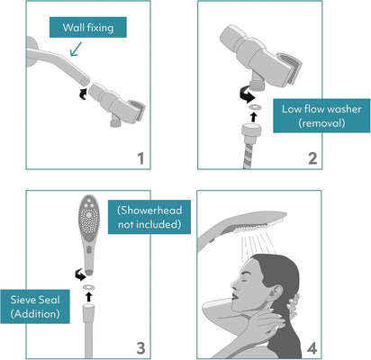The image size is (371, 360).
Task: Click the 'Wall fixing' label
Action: (x=88, y=27)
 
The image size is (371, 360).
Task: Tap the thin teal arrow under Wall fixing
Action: (x=76, y=49)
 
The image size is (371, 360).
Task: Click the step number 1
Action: (x=140, y=158)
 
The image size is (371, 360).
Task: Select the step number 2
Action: (x=312, y=158)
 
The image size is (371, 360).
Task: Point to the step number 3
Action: (x=140, y=348)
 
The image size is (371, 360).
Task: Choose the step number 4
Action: (x=312, y=348)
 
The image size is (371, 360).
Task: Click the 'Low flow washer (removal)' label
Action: (x=321, y=115)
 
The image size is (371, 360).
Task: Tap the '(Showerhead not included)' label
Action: (x=149, y=217)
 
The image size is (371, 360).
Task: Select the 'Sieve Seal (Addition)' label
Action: (x=35, y=306)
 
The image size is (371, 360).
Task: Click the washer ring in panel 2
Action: (x=255, y=107)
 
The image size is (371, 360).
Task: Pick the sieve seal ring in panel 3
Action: (x=88, y=287)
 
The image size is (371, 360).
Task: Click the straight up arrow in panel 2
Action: (x=254, y=117)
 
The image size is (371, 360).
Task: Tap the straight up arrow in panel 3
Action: (x=88, y=297)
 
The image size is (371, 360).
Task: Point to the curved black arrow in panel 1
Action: (x=83, y=94)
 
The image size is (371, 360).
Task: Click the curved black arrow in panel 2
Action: (x=247, y=94)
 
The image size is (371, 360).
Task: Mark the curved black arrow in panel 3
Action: (x=80, y=274)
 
